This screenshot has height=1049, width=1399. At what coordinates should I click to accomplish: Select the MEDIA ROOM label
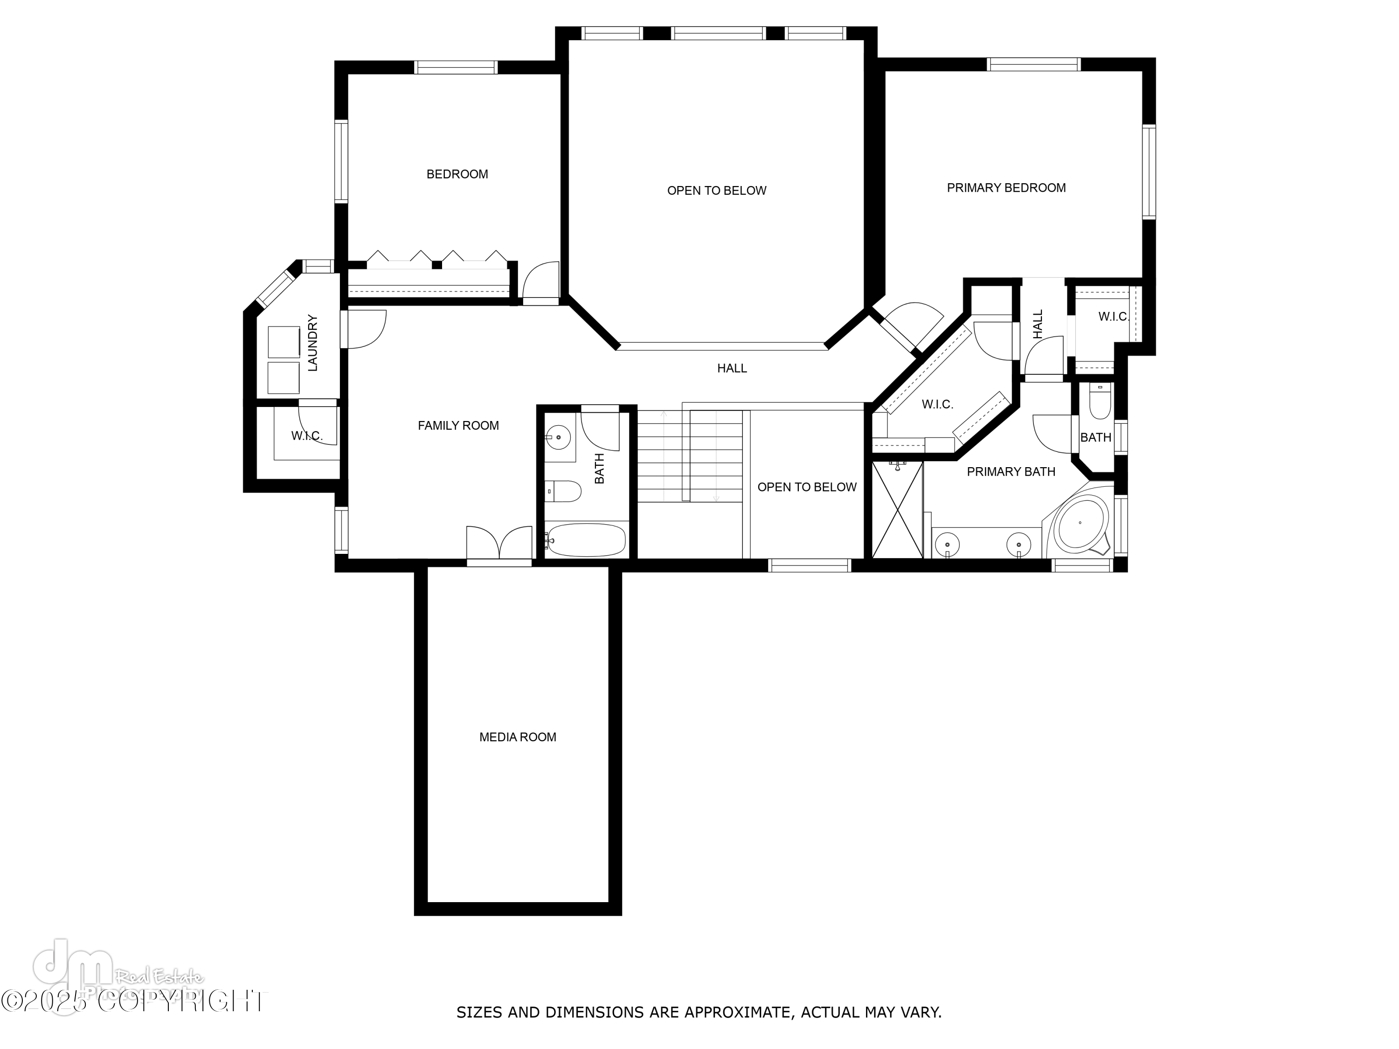(517, 737)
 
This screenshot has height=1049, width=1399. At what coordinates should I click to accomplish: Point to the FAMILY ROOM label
(458, 426)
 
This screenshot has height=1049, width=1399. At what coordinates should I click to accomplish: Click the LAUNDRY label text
(312, 343)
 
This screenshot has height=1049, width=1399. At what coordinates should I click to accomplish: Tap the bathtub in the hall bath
(586, 539)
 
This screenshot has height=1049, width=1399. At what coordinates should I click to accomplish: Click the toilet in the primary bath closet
(1101, 402)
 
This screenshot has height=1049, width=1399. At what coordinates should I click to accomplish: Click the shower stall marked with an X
(897, 510)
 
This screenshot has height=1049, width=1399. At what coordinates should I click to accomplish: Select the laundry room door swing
(366, 329)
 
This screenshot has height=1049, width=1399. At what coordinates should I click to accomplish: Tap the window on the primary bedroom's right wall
(1149, 172)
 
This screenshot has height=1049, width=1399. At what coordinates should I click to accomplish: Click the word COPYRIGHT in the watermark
(183, 1001)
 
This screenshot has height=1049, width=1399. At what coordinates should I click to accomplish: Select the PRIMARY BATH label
(1011, 472)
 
